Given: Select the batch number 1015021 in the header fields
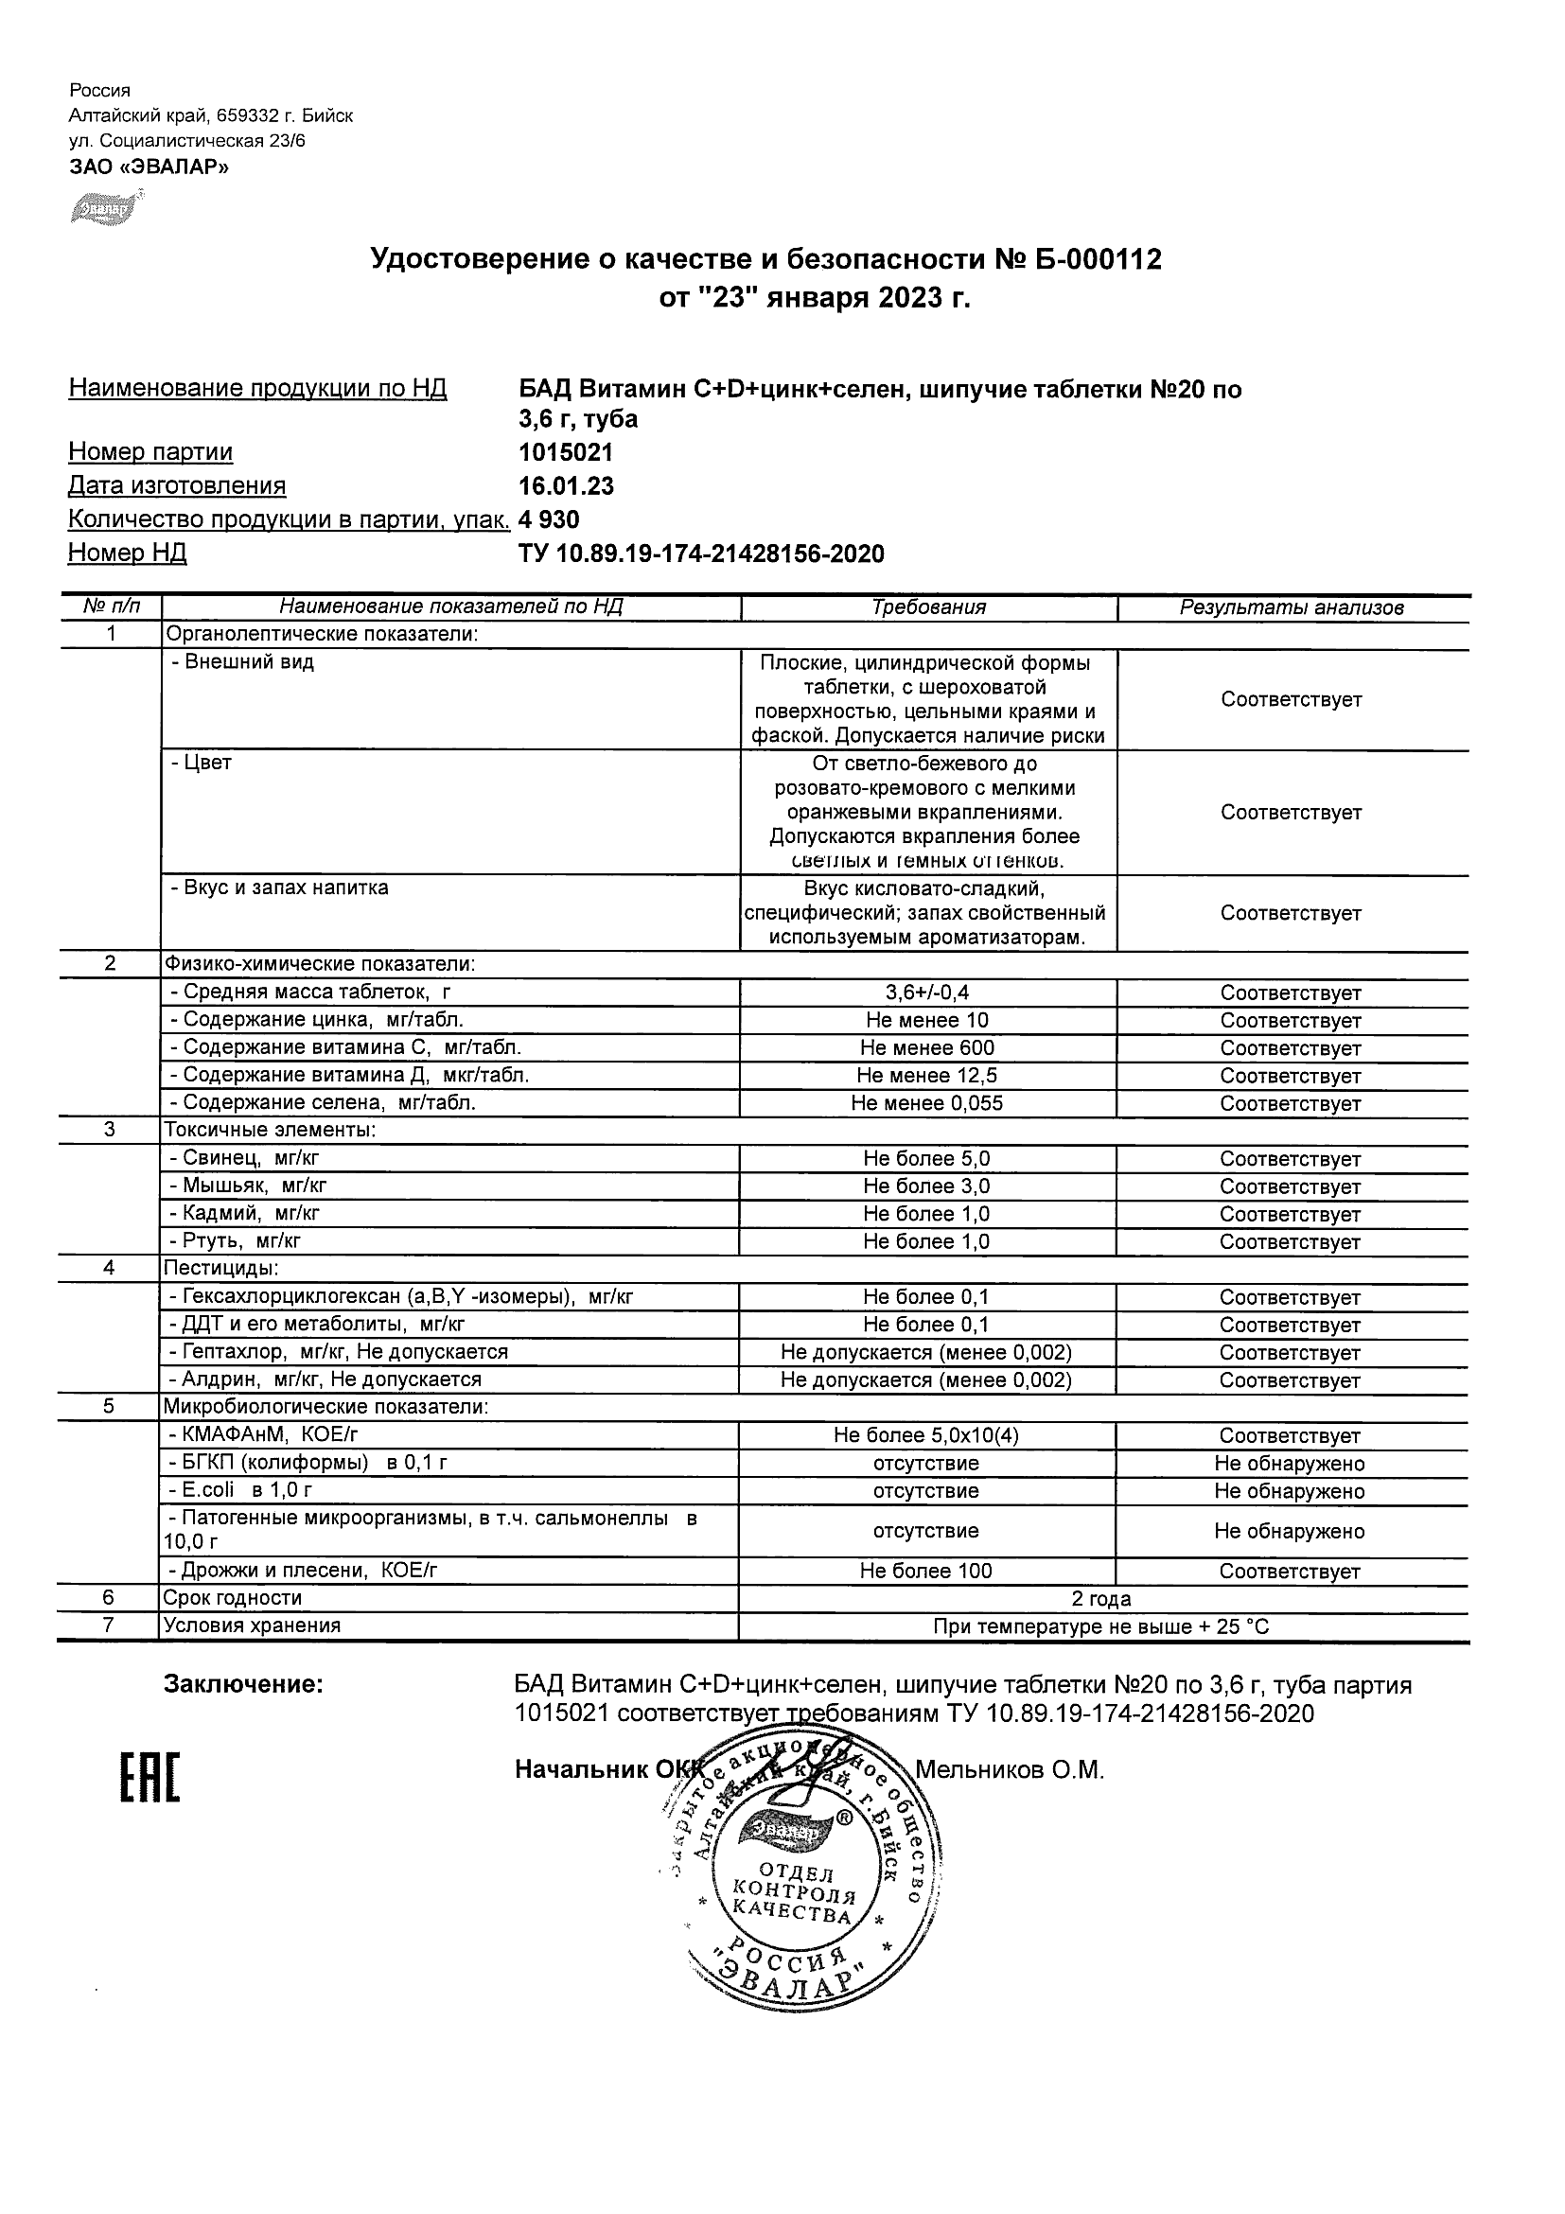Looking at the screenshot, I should coord(565,452).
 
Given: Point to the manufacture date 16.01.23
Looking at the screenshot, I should coord(565,486).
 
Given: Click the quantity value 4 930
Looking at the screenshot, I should coord(549,519).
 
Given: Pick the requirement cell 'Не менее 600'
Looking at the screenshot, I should coord(926,1048).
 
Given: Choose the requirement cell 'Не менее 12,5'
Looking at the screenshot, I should coord(926,1075).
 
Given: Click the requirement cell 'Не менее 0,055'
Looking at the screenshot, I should coord(926,1103).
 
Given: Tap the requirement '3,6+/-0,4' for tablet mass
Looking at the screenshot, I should coord(926,993).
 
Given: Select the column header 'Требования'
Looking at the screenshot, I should coord(928,607).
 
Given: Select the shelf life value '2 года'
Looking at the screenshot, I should coord(1101,1599).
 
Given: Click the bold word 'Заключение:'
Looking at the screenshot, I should coord(243,1684).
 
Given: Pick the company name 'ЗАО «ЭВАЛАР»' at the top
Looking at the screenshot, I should coord(149,167).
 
